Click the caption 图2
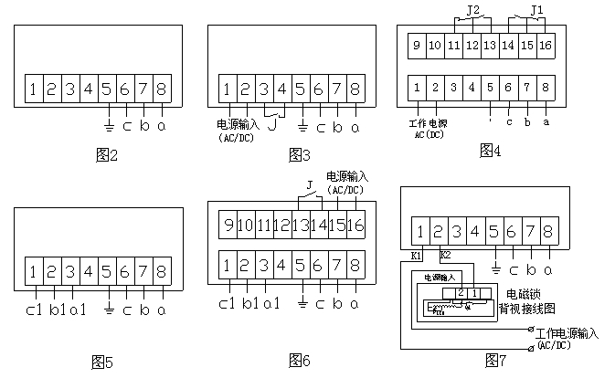click(x=108, y=155)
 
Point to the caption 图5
click(x=102, y=362)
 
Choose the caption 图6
click(x=300, y=361)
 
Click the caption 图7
click(x=496, y=361)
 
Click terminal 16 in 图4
click(x=546, y=44)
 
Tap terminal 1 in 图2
click(x=33, y=89)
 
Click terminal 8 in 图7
click(x=549, y=231)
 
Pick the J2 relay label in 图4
click(x=473, y=12)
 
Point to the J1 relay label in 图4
click(x=538, y=12)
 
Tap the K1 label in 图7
click(x=417, y=255)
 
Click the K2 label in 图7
click(x=445, y=254)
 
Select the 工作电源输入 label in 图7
click(x=567, y=335)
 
